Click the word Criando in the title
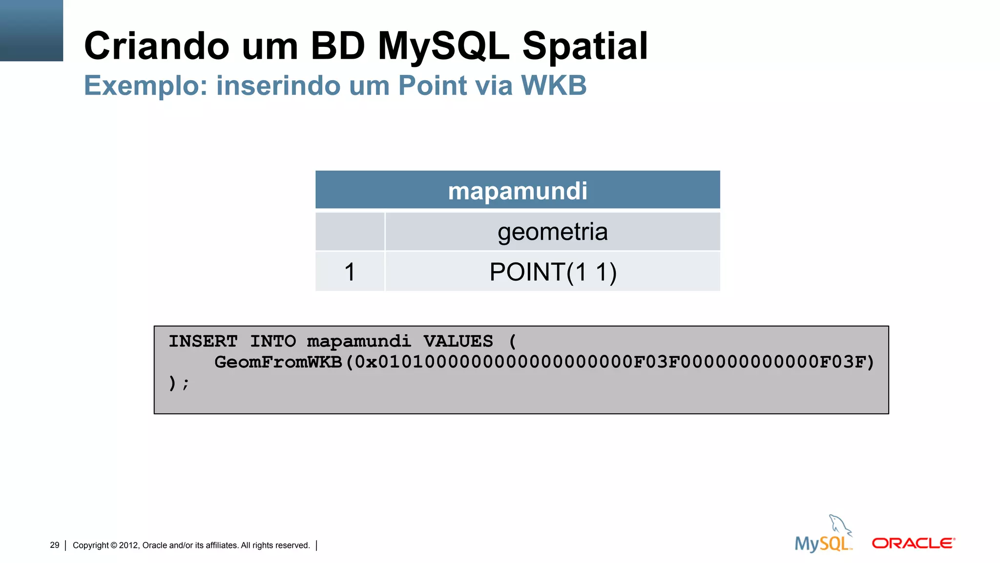156,46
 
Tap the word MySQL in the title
443,46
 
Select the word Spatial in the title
585,46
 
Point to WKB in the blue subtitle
554,86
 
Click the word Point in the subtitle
433,86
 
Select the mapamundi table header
518,191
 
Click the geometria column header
552,232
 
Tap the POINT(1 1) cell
553,272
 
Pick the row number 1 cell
350,272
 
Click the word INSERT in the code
203,341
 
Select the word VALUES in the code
458,341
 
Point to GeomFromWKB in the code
278,362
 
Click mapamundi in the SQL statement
359,341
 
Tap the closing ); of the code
178,383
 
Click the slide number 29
55,545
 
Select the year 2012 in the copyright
129,545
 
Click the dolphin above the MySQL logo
839,525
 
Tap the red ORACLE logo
913,543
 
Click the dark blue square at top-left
31,30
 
